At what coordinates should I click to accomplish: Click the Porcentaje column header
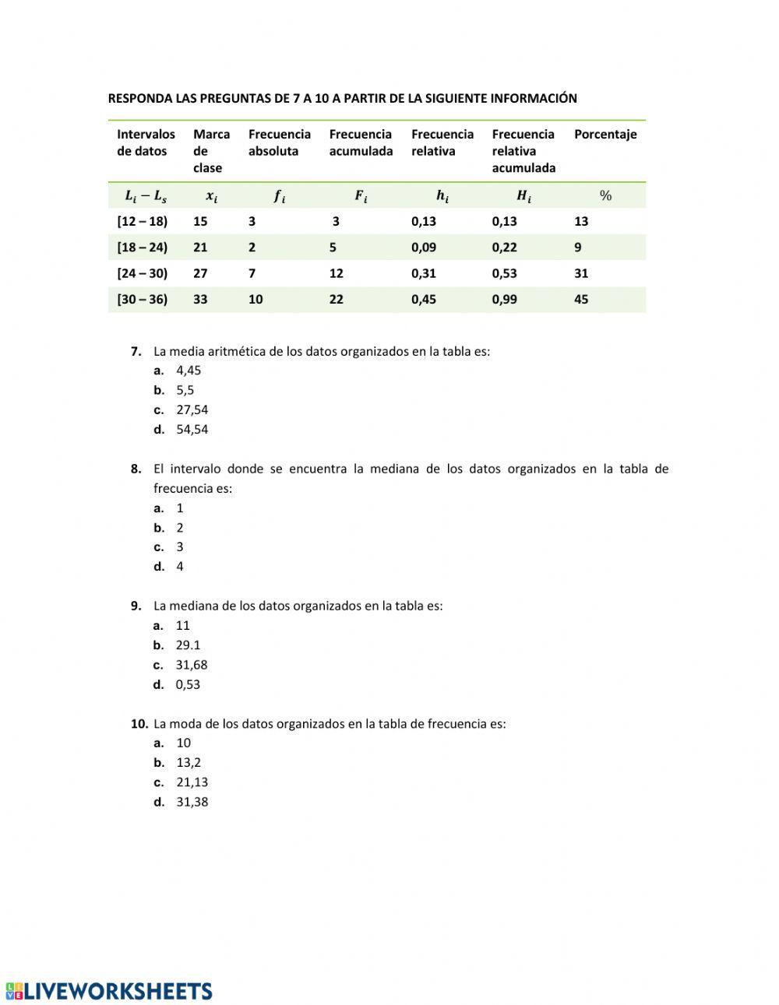[605, 134]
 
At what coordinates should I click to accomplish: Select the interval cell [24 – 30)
[142, 273]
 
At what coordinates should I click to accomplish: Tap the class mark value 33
[200, 299]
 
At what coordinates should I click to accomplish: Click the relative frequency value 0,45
[424, 299]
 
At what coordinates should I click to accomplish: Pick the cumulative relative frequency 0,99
[504, 299]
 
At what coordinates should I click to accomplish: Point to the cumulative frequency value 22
[336, 299]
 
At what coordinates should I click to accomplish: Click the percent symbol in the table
[605, 195]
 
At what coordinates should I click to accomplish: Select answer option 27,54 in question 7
[192, 409]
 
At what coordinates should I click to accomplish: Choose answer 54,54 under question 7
[192, 429]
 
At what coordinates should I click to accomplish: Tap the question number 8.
[136, 469]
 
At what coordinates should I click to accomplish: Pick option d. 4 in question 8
[179, 567]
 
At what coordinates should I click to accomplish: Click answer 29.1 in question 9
[188, 645]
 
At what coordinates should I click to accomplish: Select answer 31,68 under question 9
[192, 665]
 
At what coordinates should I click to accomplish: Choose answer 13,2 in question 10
[189, 762]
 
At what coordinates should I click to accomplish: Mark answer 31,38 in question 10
[192, 802]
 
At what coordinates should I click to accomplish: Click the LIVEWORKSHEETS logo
[109, 991]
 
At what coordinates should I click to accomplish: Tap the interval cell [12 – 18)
[142, 221]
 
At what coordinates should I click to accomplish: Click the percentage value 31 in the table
[581, 273]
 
